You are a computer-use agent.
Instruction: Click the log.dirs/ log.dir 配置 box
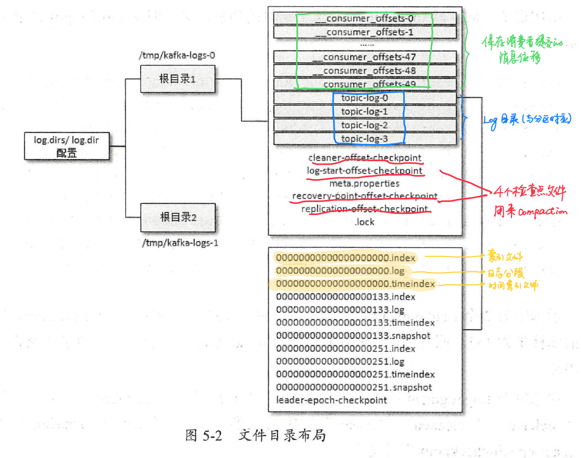coord(67,146)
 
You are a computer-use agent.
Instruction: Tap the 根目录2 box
coord(178,217)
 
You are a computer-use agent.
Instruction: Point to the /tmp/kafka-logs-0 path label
coord(176,55)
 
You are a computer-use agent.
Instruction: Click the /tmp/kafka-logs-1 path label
coord(179,242)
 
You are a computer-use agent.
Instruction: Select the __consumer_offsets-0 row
coord(364,19)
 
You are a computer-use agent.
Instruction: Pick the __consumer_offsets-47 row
coord(364,57)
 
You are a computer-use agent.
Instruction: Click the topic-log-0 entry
coord(364,97)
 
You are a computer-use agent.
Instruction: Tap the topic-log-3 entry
coord(364,138)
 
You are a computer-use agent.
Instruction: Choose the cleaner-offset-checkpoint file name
coord(365,158)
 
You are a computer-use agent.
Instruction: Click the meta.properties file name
coord(364,183)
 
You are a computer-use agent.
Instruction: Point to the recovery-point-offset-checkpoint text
coord(365,196)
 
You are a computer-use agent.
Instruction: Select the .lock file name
coord(364,222)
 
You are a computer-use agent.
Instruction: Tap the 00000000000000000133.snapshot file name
coord(353,336)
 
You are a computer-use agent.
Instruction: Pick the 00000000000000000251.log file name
coord(340,362)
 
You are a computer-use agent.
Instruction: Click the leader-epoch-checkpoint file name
coord(331,400)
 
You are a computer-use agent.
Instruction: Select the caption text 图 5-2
coord(203,436)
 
